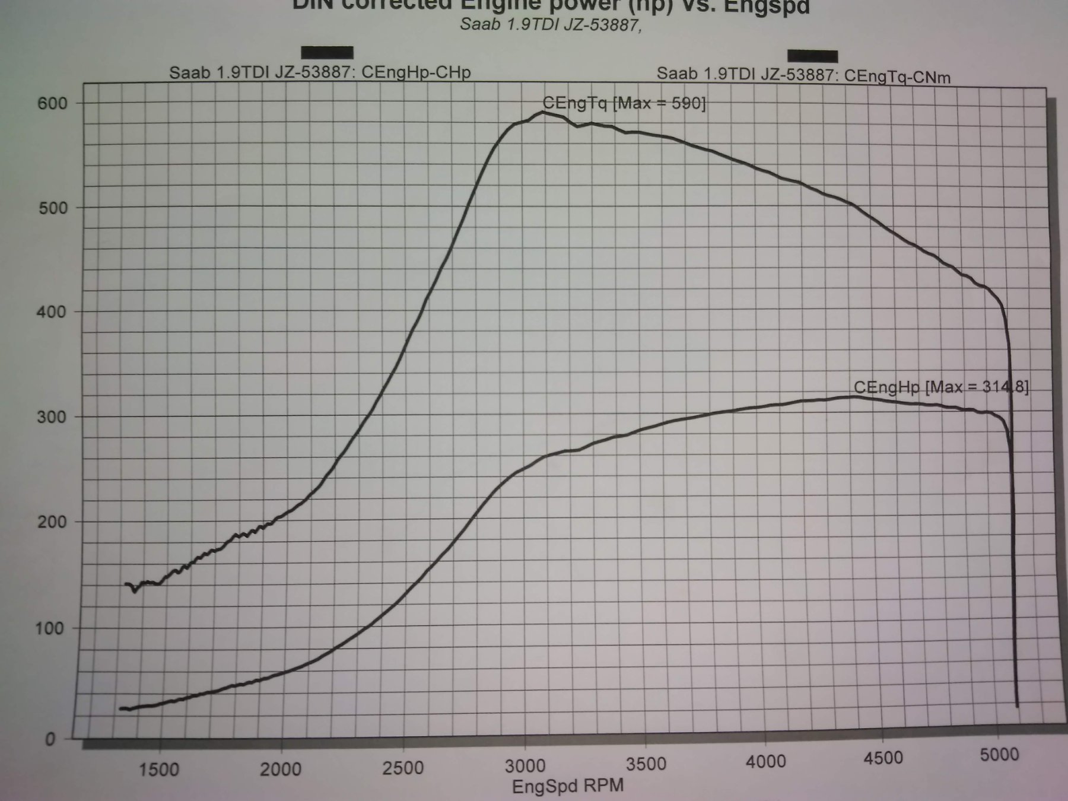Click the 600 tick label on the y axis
tap(53, 103)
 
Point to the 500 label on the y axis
tap(53, 208)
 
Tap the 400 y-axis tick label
tap(51, 312)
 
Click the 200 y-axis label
tap(49, 522)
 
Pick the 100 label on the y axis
tap(49, 628)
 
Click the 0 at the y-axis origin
tap(50, 739)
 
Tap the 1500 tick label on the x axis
tap(158, 770)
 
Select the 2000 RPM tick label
tap(281, 770)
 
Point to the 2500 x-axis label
tap(403, 768)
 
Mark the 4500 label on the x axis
tap(883, 758)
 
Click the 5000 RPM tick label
tap(999, 755)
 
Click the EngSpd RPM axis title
tap(568, 786)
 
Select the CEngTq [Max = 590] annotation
tap(624, 103)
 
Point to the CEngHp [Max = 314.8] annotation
tap(941, 387)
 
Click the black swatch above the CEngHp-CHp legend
tap(327, 52)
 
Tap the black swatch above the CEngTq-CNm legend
tap(812, 56)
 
